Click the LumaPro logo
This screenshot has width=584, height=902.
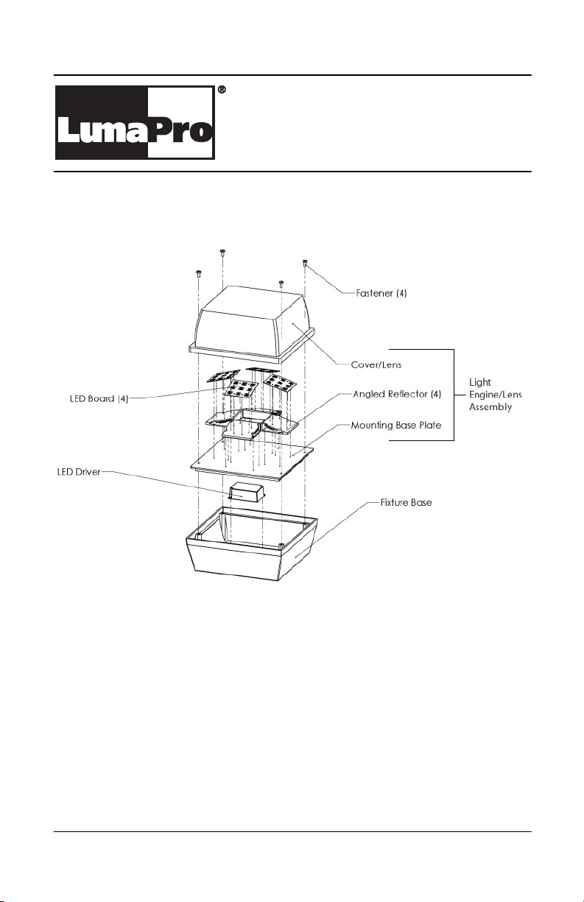click(x=135, y=122)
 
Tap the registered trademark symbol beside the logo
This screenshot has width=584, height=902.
click(x=221, y=90)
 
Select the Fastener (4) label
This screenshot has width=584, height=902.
click(x=381, y=293)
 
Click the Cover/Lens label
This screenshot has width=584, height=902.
click(x=376, y=364)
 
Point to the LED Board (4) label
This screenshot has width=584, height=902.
click(x=99, y=398)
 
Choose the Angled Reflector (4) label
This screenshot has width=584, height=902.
click(x=397, y=394)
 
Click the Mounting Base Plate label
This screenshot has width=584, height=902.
click(x=396, y=426)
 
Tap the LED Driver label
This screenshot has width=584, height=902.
click(x=79, y=472)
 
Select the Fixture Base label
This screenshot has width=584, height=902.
click(x=406, y=502)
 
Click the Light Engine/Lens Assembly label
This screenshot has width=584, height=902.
click(x=496, y=395)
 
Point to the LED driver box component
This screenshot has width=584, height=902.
click(x=247, y=493)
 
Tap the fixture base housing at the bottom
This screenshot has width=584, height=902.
click(x=252, y=544)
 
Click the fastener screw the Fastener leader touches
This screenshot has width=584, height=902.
click(x=304, y=264)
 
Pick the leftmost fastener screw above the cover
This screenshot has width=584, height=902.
click(x=199, y=274)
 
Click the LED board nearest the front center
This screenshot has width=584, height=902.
click(x=242, y=388)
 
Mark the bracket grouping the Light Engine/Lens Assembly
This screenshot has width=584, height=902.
click(x=454, y=395)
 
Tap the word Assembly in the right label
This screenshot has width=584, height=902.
click(x=490, y=407)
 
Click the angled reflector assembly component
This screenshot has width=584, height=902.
click(x=252, y=424)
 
